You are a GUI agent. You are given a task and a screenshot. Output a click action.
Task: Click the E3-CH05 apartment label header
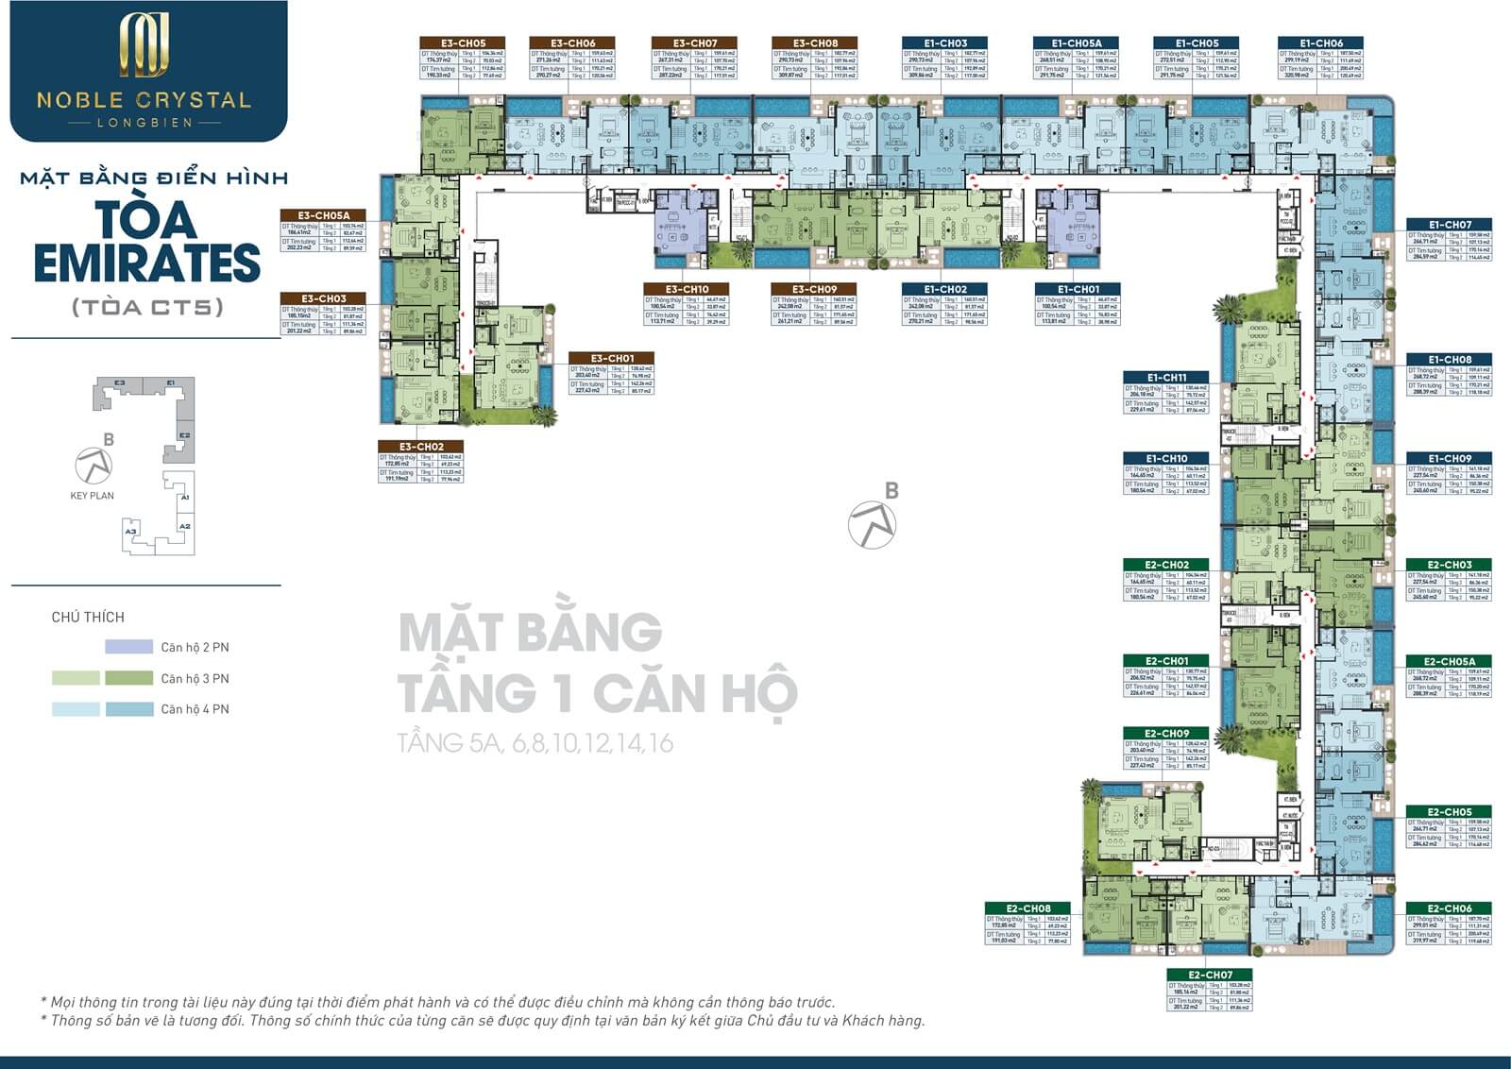pyautogui.click(x=463, y=43)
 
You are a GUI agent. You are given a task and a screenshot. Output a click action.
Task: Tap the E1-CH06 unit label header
pyautogui.click(x=1320, y=43)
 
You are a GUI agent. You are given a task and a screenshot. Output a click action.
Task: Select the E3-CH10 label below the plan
pyautogui.click(x=687, y=289)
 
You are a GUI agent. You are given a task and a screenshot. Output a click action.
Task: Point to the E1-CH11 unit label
pyautogui.click(x=1166, y=378)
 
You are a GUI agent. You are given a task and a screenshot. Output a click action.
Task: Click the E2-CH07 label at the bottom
pyautogui.click(x=1211, y=975)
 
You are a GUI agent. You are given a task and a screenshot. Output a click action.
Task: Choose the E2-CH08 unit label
pyautogui.click(x=1027, y=908)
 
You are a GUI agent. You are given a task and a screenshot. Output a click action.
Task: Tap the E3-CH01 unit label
pyautogui.click(x=612, y=359)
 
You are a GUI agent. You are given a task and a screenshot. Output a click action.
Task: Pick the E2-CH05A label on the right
pyautogui.click(x=1450, y=662)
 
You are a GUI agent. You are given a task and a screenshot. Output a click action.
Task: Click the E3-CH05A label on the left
pyautogui.click(x=324, y=216)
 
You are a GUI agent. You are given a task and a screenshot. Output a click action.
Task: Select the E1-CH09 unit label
pyautogui.click(x=1450, y=459)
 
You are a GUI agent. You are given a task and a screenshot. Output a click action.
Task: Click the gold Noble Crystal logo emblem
pyautogui.click(x=144, y=45)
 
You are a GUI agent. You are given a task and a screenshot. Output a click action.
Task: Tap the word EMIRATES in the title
pyautogui.click(x=147, y=263)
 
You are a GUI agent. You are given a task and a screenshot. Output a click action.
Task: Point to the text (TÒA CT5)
pyautogui.click(x=147, y=308)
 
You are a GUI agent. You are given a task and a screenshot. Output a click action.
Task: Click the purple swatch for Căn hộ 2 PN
pyautogui.click(x=128, y=647)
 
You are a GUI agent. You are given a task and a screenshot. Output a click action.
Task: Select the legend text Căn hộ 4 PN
pyautogui.click(x=195, y=709)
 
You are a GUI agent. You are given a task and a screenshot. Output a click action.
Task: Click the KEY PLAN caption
pyautogui.click(x=92, y=496)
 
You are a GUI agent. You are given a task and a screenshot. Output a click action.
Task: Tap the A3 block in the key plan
pyautogui.click(x=130, y=532)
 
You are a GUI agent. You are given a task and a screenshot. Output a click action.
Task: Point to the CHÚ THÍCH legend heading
pyautogui.click(x=88, y=618)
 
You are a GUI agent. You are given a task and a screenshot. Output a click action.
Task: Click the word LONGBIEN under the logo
pyautogui.click(x=144, y=123)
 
